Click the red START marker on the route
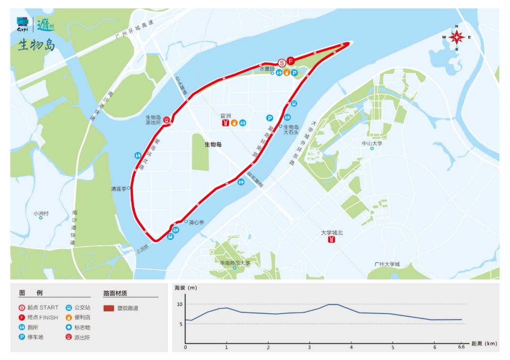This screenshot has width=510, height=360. click(281, 62)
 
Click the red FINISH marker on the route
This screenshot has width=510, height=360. click(291, 61)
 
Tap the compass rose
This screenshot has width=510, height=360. click(457, 37)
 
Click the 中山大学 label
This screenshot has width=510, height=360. click(372, 143)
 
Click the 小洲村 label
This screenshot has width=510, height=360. click(41, 213)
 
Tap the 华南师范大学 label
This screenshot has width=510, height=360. click(235, 263)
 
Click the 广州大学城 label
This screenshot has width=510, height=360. click(387, 264)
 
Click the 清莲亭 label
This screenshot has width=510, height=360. click(119, 189)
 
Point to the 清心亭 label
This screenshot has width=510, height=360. click(196, 222)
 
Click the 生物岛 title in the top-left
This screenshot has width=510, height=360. click(36, 45)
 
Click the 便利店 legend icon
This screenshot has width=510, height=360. click(69, 317)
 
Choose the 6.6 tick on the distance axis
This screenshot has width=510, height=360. click(461, 348)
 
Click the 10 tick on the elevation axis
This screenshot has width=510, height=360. click(179, 304)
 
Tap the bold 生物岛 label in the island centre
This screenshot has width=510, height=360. click(213, 145)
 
